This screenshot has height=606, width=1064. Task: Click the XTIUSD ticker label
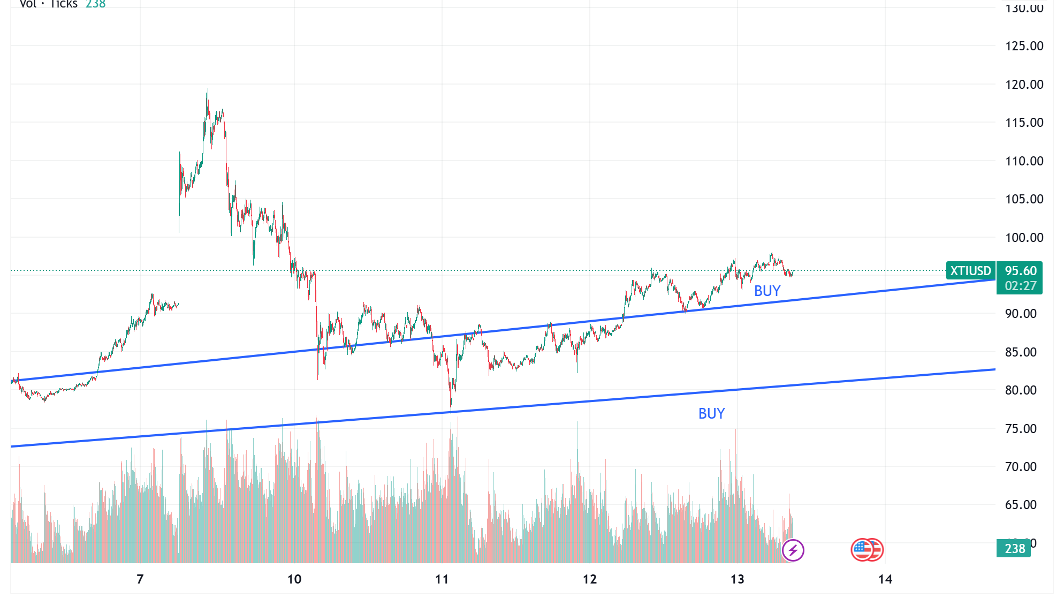(x=970, y=271)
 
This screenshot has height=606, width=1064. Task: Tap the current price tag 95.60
(x=1020, y=271)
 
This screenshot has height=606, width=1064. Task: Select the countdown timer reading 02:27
(x=1020, y=286)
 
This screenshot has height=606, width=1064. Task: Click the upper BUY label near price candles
(x=767, y=291)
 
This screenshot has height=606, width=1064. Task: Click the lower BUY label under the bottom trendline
(x=711, y=414)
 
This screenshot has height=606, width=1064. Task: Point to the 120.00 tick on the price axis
(x=1024, y=85)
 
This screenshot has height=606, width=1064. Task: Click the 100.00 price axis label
(x=1024, y=238)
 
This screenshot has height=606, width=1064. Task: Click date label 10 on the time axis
(x=294, y=579)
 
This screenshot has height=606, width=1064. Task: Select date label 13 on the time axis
(x=737, y=579)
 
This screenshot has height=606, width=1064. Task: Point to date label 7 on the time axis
(x=140, y=579)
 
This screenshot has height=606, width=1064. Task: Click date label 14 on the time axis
(x=885, y=579)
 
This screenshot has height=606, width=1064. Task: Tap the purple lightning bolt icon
(x=793, y=550)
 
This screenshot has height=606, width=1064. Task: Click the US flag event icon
(x=863, y=550)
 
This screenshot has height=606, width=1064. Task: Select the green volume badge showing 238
(x=1014, y=549)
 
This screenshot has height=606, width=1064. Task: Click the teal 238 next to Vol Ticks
(x=95, y=4)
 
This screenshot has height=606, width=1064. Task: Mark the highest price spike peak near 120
(x=208, y=89)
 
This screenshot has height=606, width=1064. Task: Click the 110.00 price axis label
(x=1024, y=161)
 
